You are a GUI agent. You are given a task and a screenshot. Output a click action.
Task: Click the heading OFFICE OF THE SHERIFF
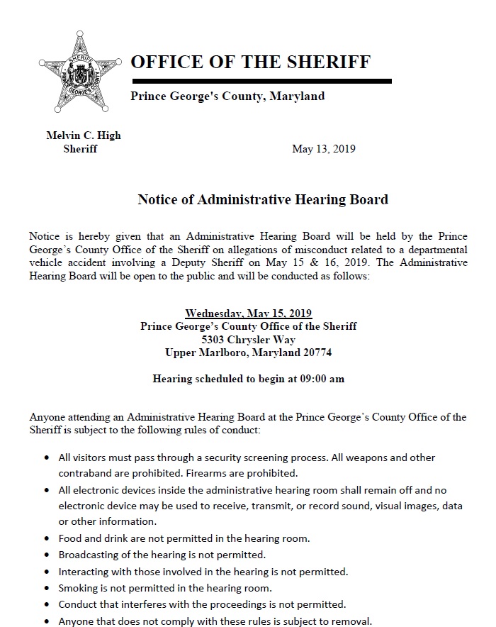[250, 62]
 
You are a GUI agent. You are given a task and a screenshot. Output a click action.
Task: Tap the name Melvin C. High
[84, 136]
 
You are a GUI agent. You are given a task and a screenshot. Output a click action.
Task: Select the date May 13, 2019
[324, 149]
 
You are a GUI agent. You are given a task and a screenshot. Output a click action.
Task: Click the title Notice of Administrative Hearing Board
[263, 199]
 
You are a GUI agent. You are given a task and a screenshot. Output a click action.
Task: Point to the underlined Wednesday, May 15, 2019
[248, 313]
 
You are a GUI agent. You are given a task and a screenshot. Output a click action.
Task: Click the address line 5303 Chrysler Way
[248, 339]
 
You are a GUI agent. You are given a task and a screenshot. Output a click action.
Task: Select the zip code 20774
[316, 353]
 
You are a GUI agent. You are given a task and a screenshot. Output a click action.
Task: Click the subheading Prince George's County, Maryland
[227, 96]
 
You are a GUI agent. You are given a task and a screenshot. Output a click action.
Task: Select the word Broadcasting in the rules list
[88, 555]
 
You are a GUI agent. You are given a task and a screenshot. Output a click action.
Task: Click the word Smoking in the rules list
[79, 588]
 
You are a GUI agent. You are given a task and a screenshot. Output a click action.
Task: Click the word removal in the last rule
[351, 621]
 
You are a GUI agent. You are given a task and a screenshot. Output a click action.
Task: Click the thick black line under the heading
[261, 82]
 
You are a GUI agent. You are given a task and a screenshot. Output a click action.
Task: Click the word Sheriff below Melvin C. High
[80, 149]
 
